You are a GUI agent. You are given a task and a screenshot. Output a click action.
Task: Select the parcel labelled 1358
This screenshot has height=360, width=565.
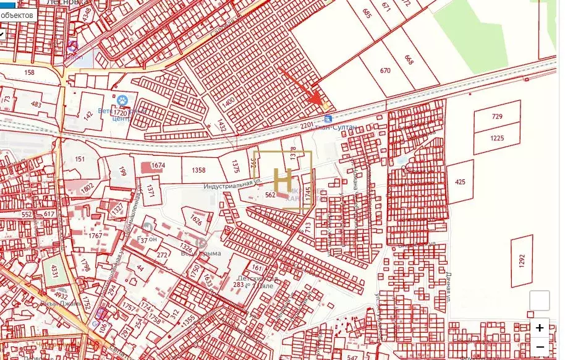pos(198,170)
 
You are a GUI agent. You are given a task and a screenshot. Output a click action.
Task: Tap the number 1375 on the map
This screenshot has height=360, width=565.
pos(235,166)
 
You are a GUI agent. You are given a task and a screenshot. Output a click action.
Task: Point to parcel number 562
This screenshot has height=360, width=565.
pos(270,195)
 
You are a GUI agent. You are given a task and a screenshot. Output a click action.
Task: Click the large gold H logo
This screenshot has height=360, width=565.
pos(282,179)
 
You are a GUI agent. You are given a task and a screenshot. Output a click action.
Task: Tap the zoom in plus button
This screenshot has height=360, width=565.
pos(540,328)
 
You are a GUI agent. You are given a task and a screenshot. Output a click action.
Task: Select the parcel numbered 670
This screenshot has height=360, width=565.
pos(386,71)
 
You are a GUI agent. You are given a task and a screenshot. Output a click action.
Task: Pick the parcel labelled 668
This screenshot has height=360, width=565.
pos(409,60)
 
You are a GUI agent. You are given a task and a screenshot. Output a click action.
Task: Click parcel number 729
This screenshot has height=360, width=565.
pos(497,117)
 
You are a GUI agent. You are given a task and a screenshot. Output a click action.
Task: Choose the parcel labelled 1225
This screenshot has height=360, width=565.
pos(497,139)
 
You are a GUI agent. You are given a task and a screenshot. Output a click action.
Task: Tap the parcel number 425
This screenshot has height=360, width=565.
pos(460,182)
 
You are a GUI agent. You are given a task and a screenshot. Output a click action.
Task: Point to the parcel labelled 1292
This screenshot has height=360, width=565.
pos(522,261)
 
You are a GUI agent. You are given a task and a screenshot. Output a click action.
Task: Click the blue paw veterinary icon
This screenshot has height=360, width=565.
pos(122,99)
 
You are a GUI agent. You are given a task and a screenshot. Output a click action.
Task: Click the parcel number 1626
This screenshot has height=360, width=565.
pos(196,220)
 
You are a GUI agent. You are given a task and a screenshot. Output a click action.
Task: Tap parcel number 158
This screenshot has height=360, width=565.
pos(29,73)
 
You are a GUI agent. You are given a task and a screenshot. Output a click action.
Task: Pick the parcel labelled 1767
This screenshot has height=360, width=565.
pos(95,236)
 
